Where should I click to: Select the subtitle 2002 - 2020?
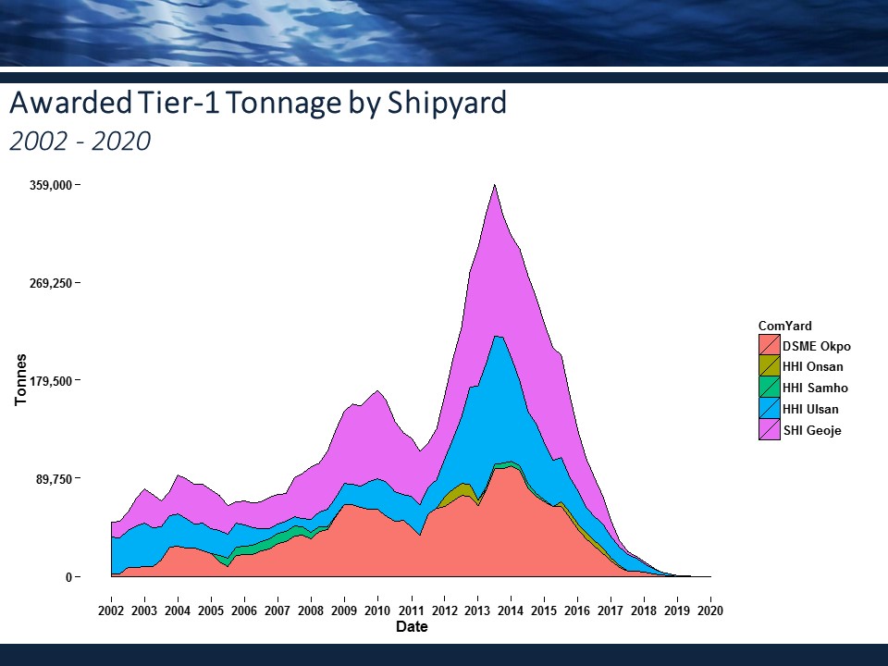point(79,142)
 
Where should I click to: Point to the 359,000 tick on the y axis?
point(51,185)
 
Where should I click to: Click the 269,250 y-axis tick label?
point(51,283)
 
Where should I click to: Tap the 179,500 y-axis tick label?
point(51,381)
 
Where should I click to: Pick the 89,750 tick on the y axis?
point(54,479)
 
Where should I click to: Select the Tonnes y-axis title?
point(20,379)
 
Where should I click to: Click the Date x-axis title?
point(411,627)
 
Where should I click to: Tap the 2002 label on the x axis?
point(111,611)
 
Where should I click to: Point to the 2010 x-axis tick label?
point(377,611)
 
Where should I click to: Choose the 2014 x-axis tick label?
point(511,611)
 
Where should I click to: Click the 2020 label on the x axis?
point(710,611)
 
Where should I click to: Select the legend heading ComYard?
point(784,326)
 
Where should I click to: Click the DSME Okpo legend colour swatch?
point(769,346)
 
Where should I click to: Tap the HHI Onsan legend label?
point(812,367)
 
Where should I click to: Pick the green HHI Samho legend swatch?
point(769,388)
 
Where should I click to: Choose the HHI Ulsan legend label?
point(810,409)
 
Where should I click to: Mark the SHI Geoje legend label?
point(811,430)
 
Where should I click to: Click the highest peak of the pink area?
point(496,187)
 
